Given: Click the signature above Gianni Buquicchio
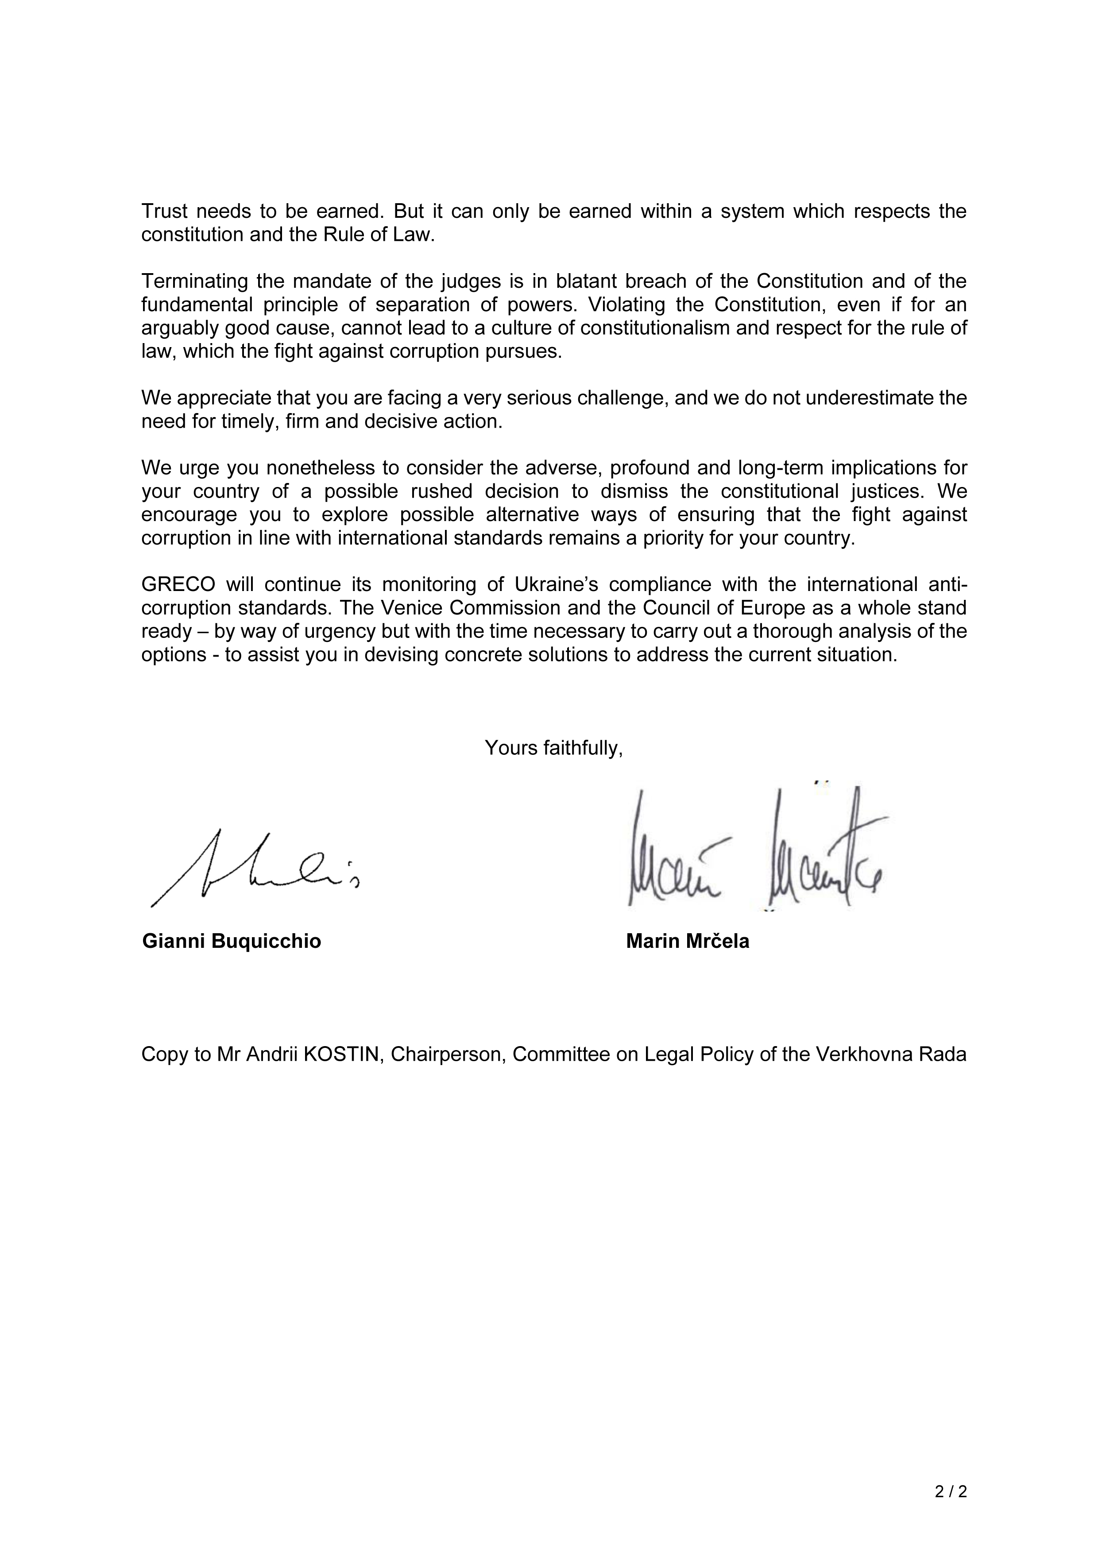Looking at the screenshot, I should coord(254,869).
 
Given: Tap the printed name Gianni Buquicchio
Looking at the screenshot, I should coord(232,942).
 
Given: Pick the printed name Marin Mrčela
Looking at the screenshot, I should coord(687,942).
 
